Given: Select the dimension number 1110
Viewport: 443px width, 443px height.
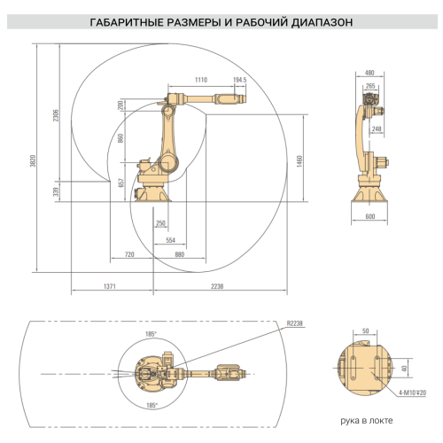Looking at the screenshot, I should (x=200, y=80).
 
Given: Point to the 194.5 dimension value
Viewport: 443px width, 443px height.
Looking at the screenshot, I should (x=238, y=80).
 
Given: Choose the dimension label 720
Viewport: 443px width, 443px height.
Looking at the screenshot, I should (x=129, y=254).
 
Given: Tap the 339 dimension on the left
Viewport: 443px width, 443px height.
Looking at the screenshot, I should (x=56, y=190).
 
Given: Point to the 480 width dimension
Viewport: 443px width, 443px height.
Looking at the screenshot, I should (x=369, y=73).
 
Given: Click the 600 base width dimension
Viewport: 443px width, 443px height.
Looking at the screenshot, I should (x=369, y=216).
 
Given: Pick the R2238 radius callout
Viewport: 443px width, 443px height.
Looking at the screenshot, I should (x=295, y=324).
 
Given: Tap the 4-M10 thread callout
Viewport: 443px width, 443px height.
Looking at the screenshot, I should (x=412, y=391).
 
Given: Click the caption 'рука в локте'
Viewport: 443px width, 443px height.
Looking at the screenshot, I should (x=367, y=421).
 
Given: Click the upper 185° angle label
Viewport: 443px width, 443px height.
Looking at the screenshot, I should (x=151, y=333).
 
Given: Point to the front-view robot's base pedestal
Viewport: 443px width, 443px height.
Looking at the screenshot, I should (x=369, y=191).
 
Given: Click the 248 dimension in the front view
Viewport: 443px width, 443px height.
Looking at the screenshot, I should (x=376, y=129).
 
